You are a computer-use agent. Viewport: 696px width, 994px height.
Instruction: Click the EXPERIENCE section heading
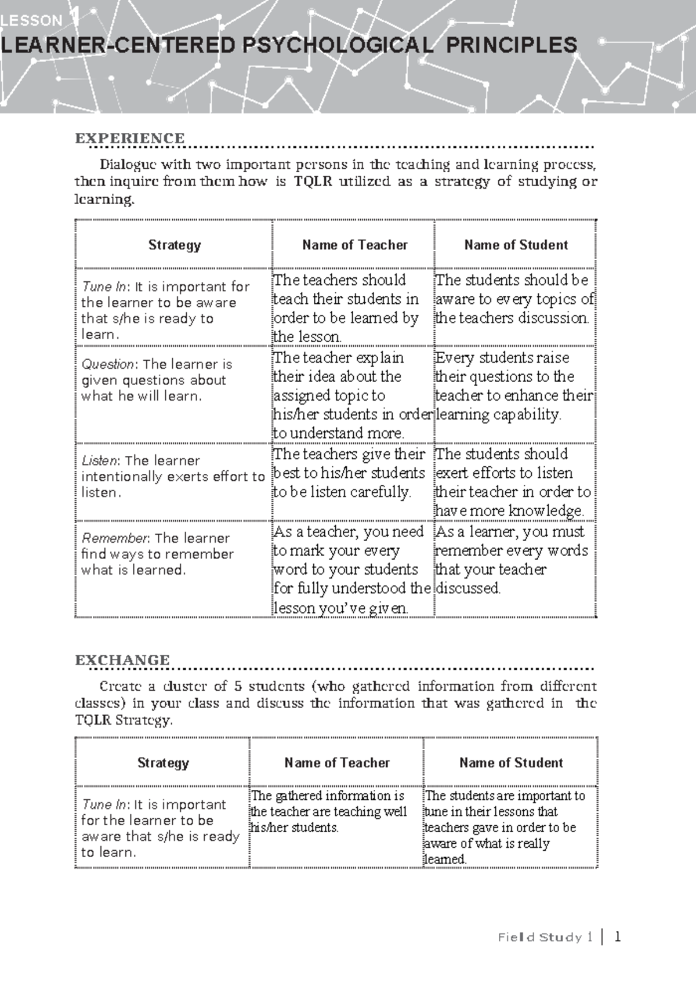tap(129, 138)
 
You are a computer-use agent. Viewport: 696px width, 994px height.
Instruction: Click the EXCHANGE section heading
tap(122, 660)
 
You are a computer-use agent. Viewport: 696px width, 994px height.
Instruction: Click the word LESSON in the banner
tap(32, 21)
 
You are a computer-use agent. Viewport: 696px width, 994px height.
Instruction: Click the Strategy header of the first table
tap(174, 245)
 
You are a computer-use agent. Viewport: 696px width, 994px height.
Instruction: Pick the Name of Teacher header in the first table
tap(354, 245)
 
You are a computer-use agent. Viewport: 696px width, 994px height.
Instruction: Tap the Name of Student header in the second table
tap(510, 763)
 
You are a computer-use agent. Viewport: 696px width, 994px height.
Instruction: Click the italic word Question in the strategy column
tap(108, 364)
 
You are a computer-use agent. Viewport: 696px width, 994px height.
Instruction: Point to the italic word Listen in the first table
tap(100, 460)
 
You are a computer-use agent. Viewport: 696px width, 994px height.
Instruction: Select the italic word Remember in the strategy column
tap(115, 538)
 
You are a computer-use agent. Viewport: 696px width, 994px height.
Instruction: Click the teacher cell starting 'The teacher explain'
tap(352, 395)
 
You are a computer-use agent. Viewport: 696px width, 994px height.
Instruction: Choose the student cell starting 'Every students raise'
tap(514, 386)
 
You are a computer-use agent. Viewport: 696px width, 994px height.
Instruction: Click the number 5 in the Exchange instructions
tap(238, 686)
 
